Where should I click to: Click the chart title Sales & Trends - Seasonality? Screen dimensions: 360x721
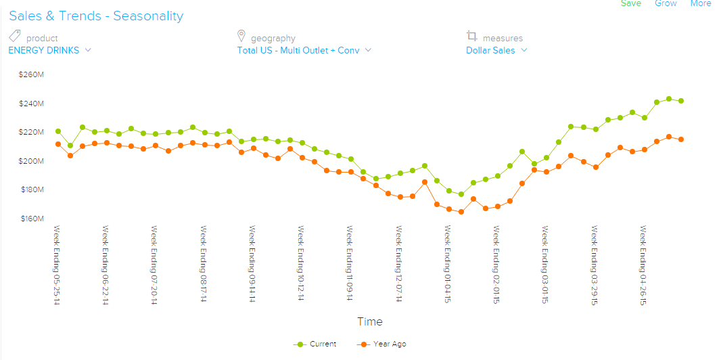[96, 16]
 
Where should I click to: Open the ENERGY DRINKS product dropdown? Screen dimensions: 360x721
[49, 50]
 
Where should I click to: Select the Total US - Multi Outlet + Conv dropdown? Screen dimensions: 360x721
[304, 50]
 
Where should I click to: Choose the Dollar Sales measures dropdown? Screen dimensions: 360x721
[496, 50]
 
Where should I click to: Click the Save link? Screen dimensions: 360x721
[630, 3]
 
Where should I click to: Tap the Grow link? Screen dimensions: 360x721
[666, 3]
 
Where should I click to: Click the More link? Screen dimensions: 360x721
[700, 3]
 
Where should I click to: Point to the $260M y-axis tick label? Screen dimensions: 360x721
[31, 74]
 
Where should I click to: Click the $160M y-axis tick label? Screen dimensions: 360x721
[31, 219]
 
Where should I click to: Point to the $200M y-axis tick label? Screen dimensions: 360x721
[31, 161]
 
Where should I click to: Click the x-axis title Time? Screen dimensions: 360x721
[370, 322]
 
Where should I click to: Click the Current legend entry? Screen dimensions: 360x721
[316, 344]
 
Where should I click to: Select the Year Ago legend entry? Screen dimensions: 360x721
[382, 344]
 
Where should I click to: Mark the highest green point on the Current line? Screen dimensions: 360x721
[669, 99]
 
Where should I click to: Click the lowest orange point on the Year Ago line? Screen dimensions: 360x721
[461, 212]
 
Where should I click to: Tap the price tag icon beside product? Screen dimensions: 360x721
[15, 36]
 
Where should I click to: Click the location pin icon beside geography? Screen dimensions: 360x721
[241, 36]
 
